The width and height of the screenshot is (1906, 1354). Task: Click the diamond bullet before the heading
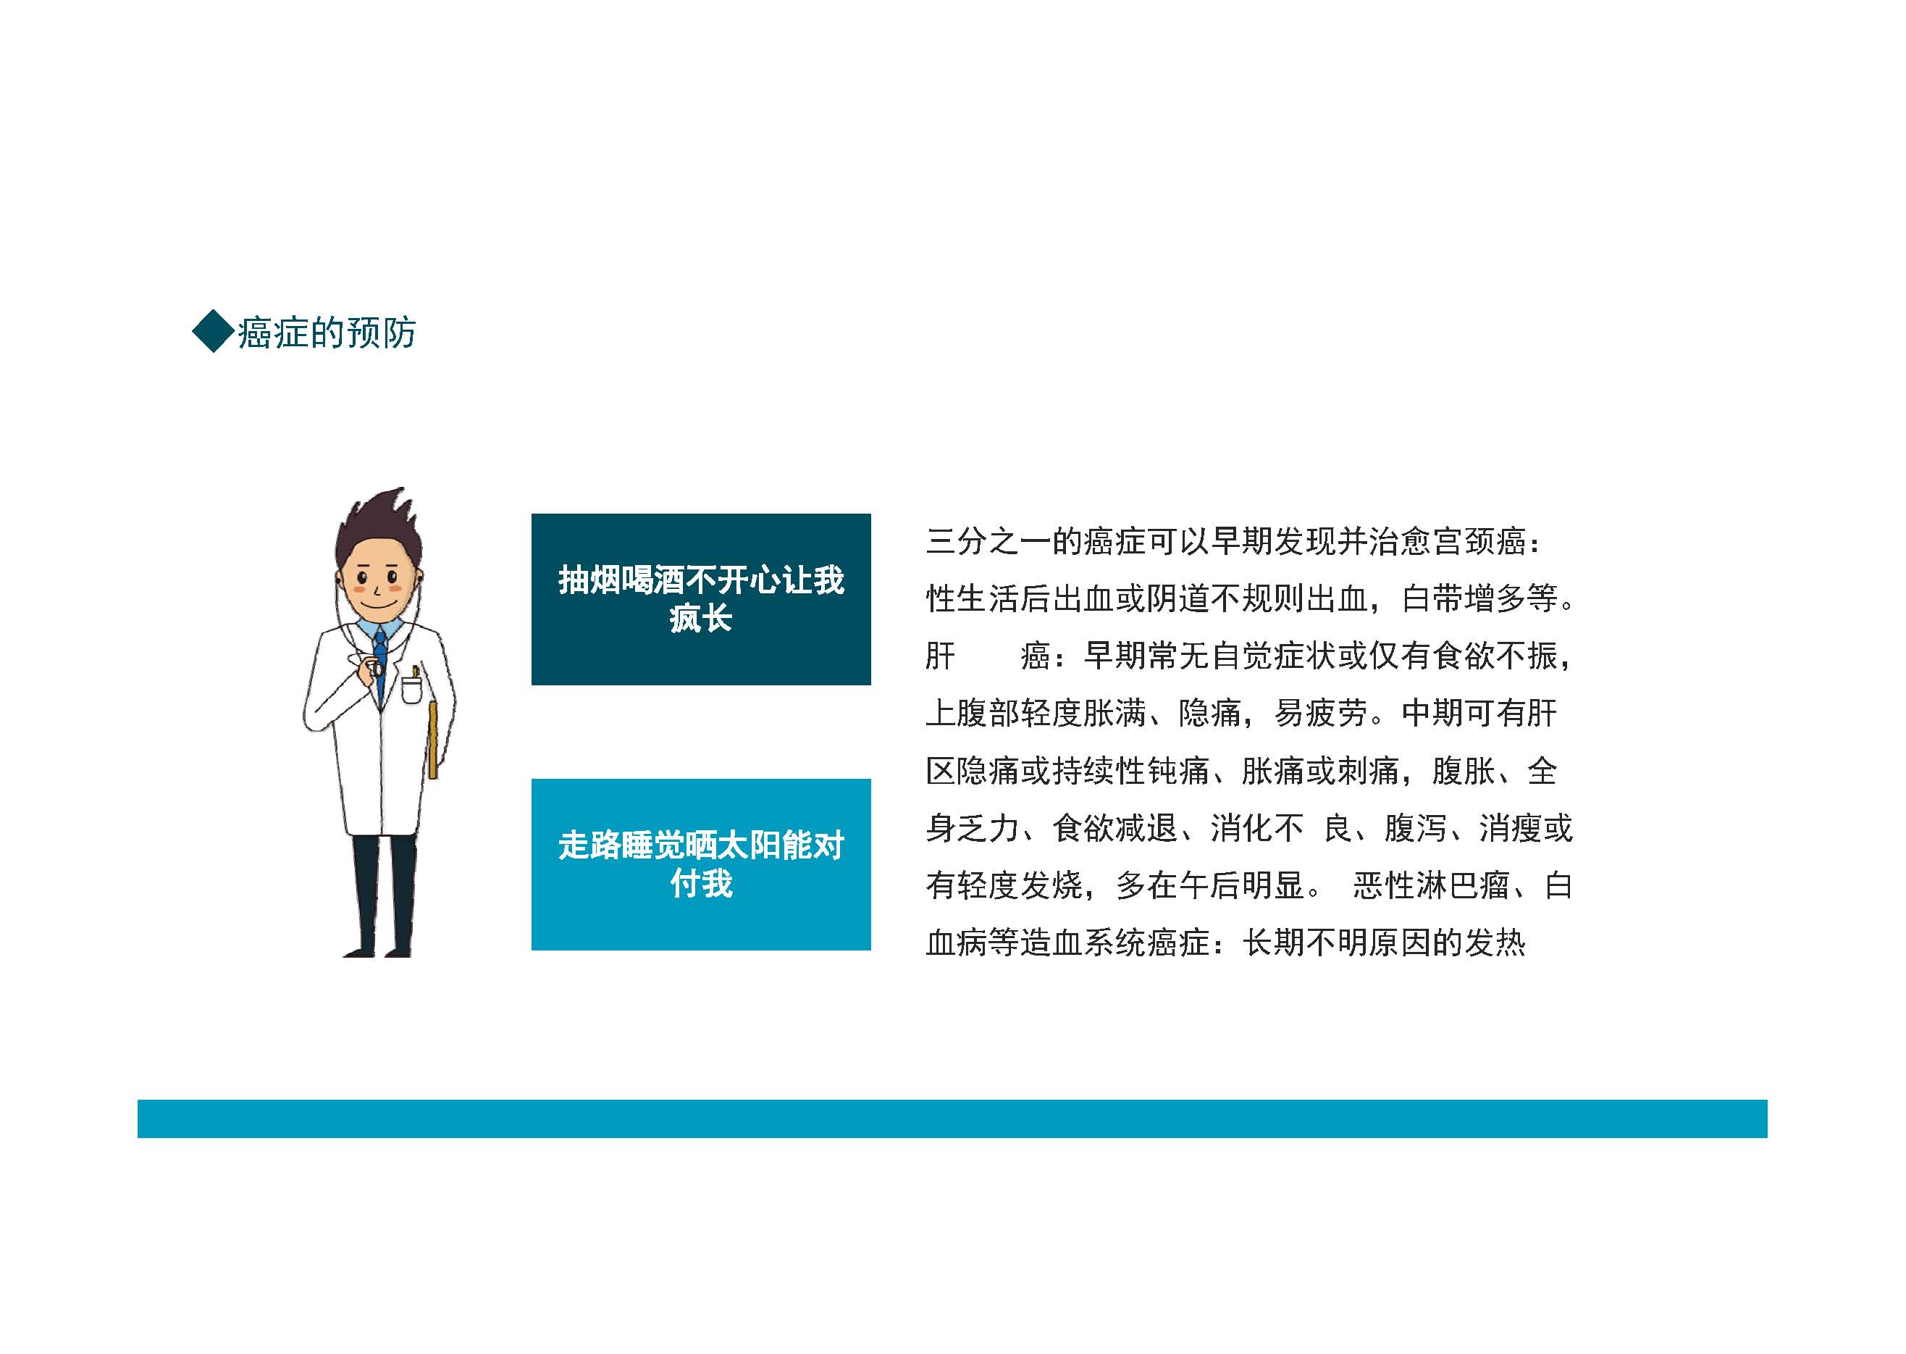point(214,331)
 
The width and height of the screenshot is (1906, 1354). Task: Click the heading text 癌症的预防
point(327,332)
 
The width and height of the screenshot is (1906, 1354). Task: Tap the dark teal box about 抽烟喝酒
point(701,599)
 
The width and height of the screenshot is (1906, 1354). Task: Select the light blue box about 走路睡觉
point(701,864)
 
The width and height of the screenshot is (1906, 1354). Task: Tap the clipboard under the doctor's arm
point(432,740)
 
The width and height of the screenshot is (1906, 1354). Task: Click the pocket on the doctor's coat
point(412,690)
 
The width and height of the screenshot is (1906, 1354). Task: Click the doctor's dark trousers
point(382,894)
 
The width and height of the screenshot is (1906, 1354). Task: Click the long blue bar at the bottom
point(952,1119)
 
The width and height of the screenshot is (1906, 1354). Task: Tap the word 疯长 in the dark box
point(701,619)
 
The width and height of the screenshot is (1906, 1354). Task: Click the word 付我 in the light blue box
point(701,884)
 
